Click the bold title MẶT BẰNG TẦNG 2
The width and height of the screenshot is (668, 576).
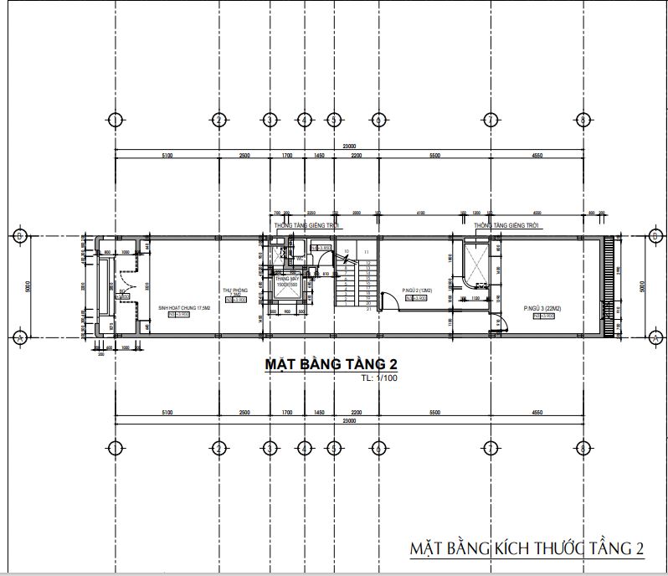tap(330, 365)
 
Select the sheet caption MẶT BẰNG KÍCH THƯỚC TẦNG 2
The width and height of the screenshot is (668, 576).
tap(527, 549)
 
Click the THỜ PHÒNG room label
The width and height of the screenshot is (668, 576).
tap(232, 292)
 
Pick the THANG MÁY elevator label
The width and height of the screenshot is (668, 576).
tap(287, 278)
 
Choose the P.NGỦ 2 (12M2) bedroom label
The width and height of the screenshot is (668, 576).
tap(415, 290)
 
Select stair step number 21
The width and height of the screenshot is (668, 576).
tap(368, 309)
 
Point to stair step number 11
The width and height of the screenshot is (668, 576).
tap(367, 251)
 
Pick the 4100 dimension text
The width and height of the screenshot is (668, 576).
tap(420, 213)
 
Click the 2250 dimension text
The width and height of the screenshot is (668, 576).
tap(311, 213)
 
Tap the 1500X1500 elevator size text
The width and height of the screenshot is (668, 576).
tap(287, 285)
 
